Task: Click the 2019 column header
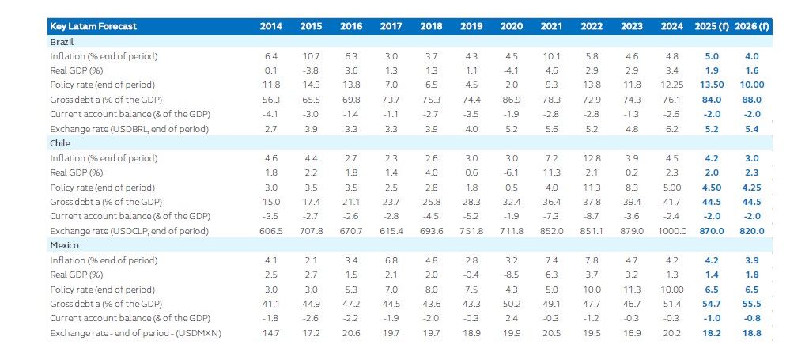(471, 26)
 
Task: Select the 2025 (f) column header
(712, 26)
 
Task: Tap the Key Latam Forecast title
(93, 26)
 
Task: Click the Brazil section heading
(62, 41)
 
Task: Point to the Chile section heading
(60, 143)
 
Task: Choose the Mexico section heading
(64, 245)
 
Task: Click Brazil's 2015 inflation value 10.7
(311, 56)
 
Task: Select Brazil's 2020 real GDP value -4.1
(511, 70)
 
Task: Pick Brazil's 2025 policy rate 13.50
(712, 85)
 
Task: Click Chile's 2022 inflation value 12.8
(592, 158)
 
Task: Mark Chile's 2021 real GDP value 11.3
(551, 172)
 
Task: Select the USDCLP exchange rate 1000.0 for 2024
(671, 231)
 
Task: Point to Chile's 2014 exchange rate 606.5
(271, 231)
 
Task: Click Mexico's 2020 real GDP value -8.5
(511, 275)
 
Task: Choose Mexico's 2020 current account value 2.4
(512, 319)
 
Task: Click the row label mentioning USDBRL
(130, 129)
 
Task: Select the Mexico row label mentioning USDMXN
(136, 334)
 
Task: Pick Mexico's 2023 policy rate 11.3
(631, 290)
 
